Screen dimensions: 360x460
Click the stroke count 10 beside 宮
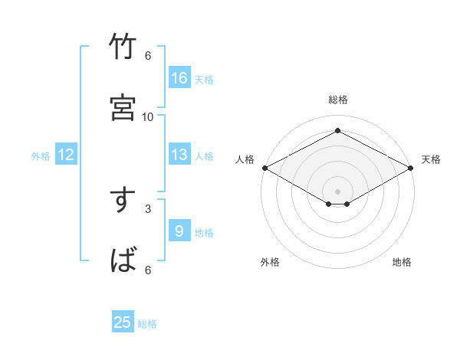pos(148,116)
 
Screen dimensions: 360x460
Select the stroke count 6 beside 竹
pos(148,56)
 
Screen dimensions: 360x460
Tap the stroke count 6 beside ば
pos(148,270)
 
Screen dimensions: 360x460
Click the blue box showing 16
pos(179,78)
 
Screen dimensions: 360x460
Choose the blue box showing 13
pos(179,155)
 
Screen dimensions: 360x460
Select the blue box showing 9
pos(179,231)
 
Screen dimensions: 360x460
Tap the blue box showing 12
pos(66,155)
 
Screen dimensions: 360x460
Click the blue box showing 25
pos(123,322)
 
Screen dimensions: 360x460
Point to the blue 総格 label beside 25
pos(147,324)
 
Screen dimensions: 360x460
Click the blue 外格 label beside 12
pos(41,156)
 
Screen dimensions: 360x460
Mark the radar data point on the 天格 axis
pos(412,168)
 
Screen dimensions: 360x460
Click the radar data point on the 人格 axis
pos(264,168)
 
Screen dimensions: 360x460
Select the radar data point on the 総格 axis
pos(337,131)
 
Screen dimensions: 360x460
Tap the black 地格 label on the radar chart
pos(402,263)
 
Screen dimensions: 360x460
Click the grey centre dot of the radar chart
pos(337,191)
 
